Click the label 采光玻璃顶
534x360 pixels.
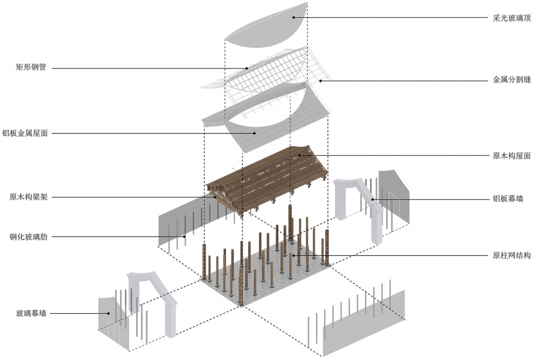coord(512,18)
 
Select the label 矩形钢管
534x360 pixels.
coord(31,67)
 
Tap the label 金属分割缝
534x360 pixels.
coord(512,80)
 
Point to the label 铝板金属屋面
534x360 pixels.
coord(25,133)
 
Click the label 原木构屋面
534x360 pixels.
coord(512,156)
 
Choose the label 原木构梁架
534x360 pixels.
coord(28,197)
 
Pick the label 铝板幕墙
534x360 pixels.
coord(508,199)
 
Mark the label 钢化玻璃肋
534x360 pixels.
coord(28,236)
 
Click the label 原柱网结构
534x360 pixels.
coord(512,255)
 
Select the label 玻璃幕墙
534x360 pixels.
coord(31,313)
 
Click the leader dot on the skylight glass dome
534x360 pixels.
coord(294,17)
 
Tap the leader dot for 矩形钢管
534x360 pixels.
coord(248,68)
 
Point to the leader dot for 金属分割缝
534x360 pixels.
coord(320,81)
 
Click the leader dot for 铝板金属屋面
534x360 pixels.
coord(254,133)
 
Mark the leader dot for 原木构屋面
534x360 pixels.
coord(299,155)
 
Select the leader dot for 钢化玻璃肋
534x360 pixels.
coord(185,236)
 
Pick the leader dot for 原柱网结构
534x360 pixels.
coord(294,255)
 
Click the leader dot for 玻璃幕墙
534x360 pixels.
coord(108,313)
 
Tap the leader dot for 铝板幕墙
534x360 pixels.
coord(373,199)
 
